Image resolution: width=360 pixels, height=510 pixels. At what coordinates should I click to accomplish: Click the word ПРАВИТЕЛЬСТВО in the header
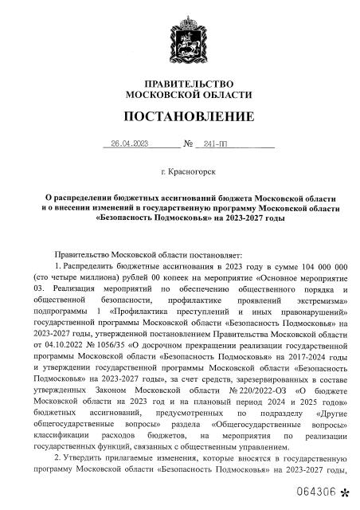click(x=180, y=84)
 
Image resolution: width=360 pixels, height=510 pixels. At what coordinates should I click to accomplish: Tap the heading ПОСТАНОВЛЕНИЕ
click(x=180, y=117)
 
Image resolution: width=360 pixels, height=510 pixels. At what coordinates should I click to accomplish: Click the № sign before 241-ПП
click(x=189, y=145)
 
